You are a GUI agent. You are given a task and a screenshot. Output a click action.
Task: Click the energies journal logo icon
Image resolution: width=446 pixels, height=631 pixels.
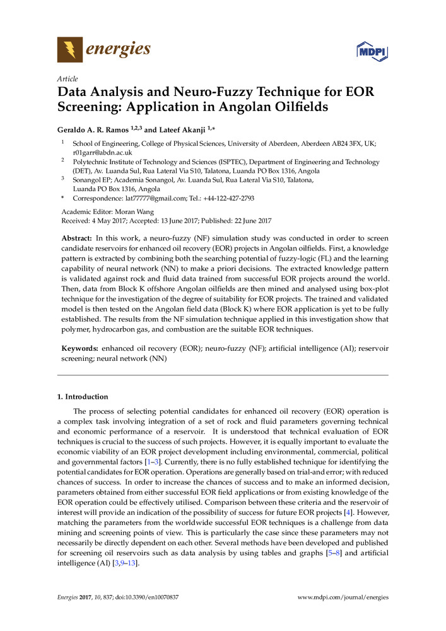[x=69, y=49]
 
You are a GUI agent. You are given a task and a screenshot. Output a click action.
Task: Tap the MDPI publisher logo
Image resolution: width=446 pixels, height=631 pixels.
[x=371, y=50]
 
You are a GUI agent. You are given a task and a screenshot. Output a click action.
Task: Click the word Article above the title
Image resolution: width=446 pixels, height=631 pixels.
[x=67, y=79]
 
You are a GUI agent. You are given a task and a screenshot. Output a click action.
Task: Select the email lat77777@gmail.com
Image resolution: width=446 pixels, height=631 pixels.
[x=153, y=198]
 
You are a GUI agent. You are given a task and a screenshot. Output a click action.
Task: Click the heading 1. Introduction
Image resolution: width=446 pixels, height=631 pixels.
[x=83, y=397]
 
